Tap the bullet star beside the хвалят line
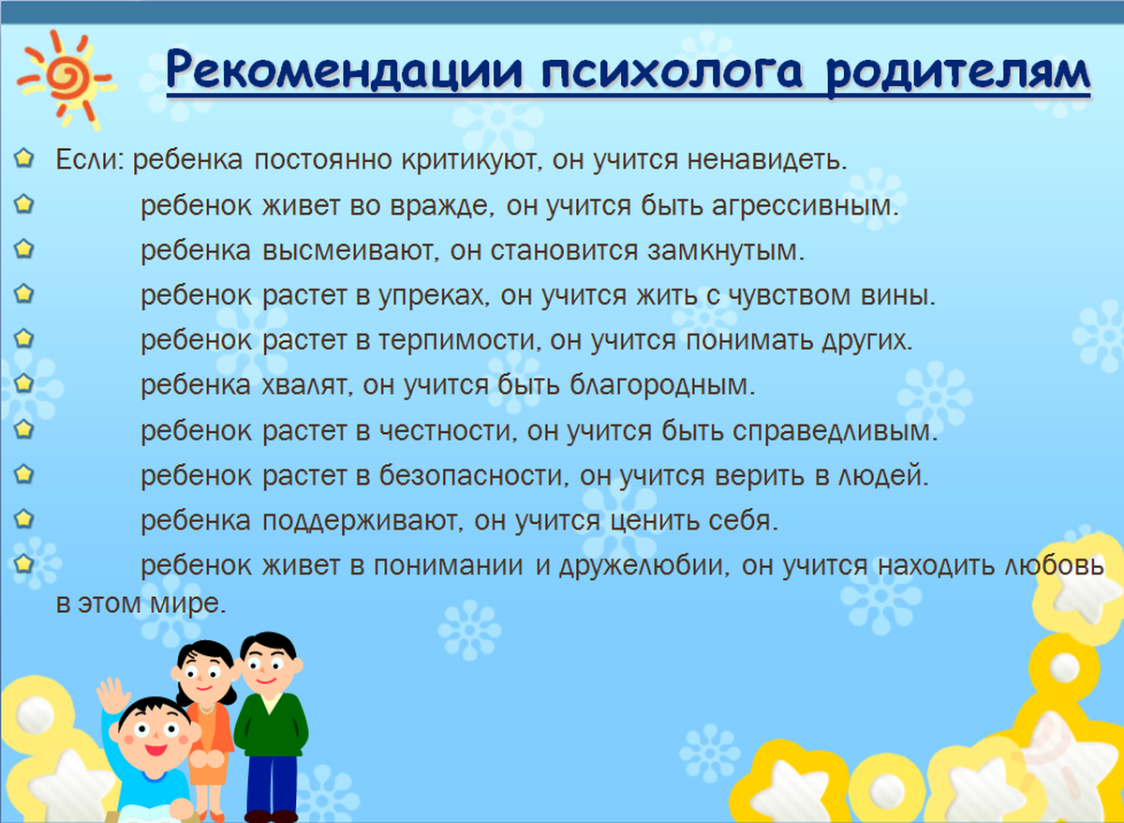[25, 382]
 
